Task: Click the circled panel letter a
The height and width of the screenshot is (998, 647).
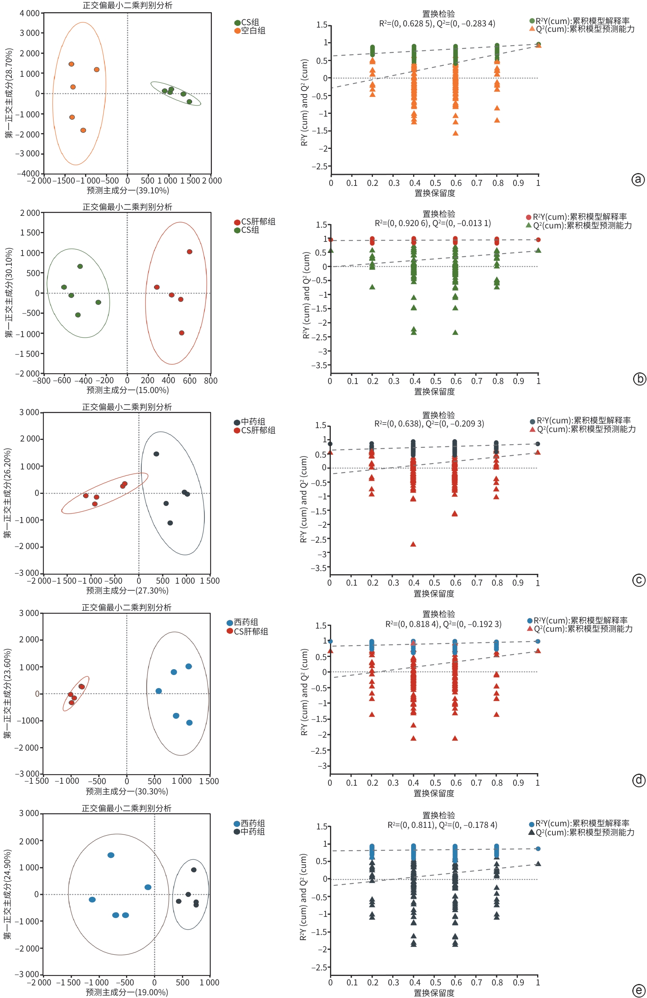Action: point(638,180)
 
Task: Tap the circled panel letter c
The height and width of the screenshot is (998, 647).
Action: point(638,580)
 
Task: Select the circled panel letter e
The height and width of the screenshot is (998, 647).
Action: point(638,991)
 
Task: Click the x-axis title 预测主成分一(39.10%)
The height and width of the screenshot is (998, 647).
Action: point(128,191)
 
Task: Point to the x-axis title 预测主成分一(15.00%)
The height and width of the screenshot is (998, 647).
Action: point(128,390)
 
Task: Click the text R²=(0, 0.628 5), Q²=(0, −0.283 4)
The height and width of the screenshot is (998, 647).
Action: point(437,24)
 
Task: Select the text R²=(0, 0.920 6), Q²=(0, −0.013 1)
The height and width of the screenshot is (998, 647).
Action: point(433,223)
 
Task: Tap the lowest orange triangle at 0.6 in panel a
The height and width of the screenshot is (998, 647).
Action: point(455,134)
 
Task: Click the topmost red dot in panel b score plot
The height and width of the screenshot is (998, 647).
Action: point(189,252)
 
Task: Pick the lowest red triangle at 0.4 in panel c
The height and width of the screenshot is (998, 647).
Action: point(413,544)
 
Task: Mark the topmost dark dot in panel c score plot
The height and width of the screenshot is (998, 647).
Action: point(156,454)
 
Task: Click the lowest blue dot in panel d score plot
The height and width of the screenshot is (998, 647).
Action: point(189,722)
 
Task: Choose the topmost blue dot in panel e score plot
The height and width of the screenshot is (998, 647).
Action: point(111,855)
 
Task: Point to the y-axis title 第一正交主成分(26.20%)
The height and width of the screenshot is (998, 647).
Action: point(8,493)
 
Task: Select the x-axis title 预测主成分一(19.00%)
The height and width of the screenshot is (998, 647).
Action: point(127,992)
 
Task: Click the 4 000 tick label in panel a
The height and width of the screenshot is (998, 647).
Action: point(30,13)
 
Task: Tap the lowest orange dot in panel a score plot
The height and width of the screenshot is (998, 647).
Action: point(83,130)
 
